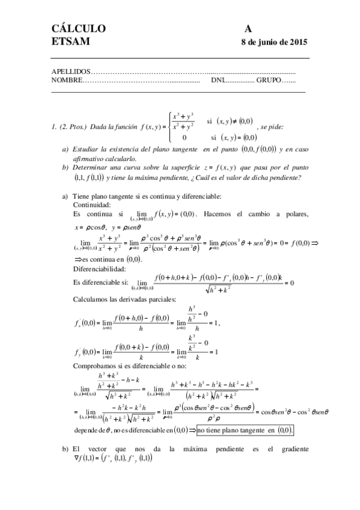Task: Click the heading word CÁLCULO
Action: click(x=79, y=29)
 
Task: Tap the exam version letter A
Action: click(x=248, y=29)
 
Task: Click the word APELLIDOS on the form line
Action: click(x=72, y=72)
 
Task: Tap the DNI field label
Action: click(x=218, y=79)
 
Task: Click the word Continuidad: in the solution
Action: click(x=92, y=205)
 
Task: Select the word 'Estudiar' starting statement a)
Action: click(x=86, y=149)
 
